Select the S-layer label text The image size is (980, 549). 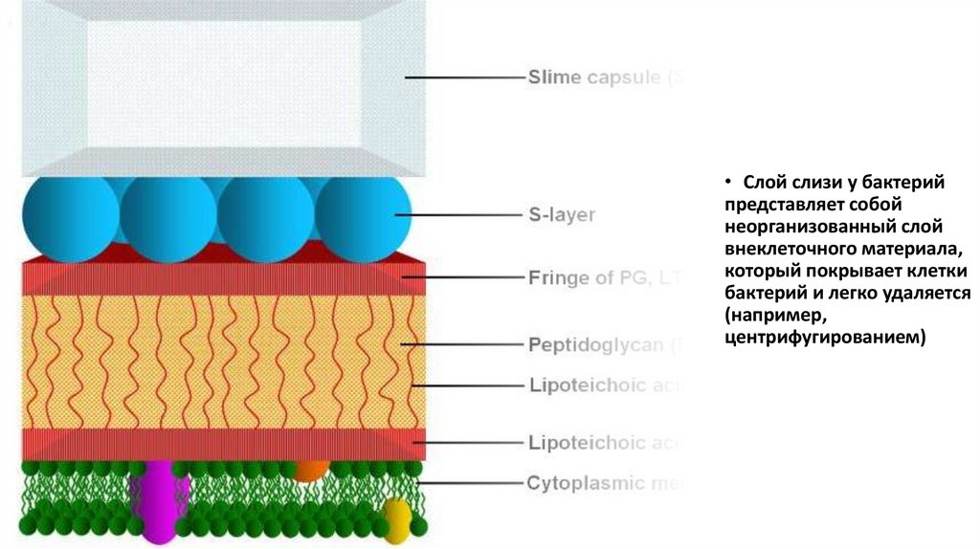pos(561,215)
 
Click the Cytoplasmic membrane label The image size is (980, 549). pos(603,483)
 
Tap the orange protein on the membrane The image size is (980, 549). pos(308,470)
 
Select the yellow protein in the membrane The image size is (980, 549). pos(396,516)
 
